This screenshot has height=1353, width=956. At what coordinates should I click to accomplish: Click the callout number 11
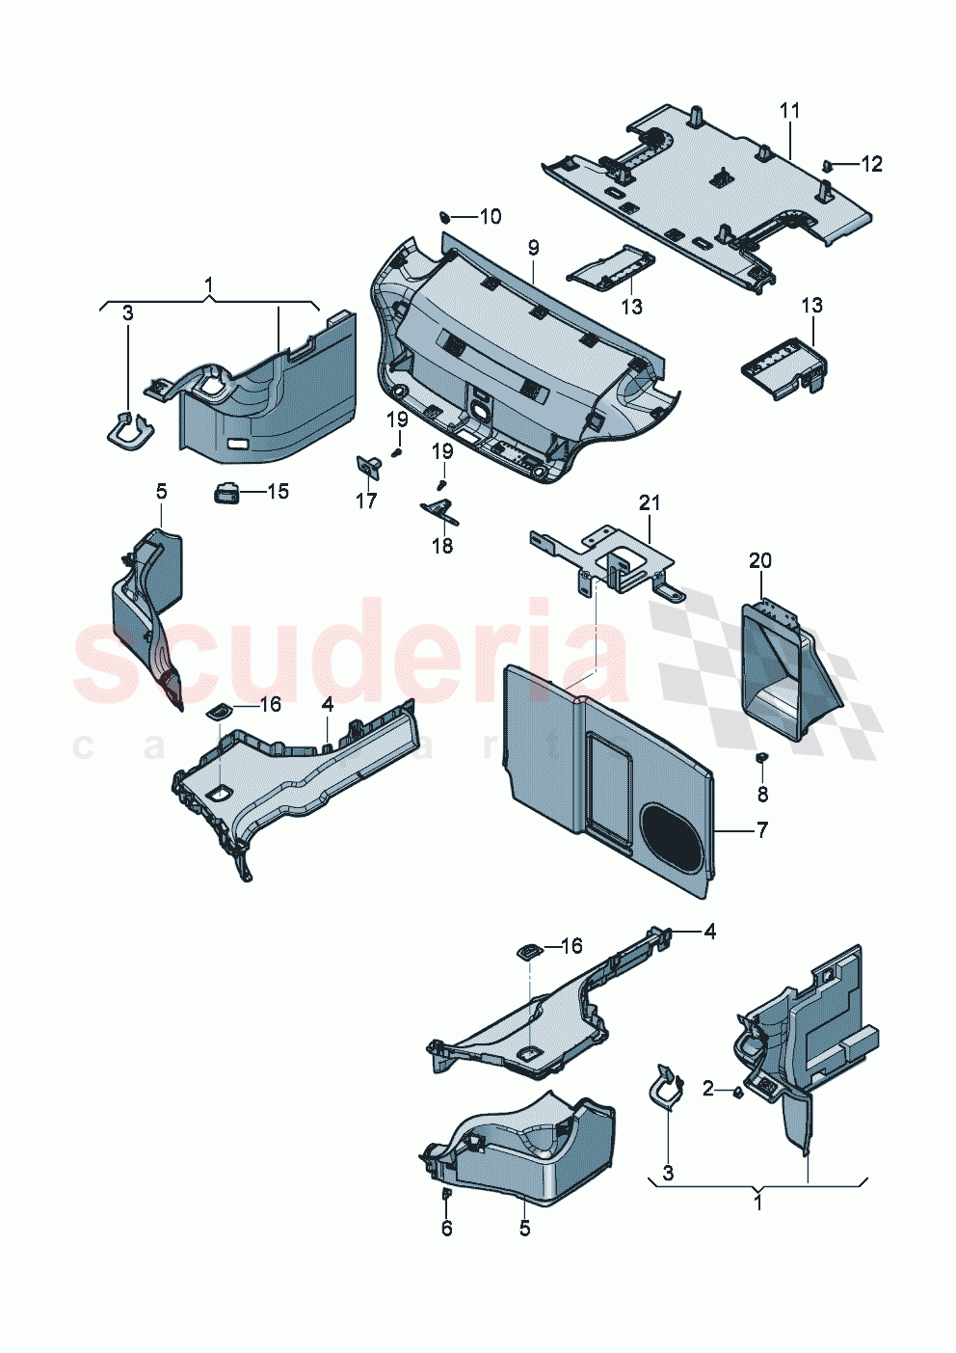pos(790,111)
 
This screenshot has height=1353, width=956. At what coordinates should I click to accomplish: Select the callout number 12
pos(871,164)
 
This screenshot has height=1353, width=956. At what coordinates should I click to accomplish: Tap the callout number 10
pos(491,216)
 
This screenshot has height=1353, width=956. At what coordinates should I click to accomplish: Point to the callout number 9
pos(533,248)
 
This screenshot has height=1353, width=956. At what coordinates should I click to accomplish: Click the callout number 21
pos(650,502)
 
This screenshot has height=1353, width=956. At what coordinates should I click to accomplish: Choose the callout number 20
pos(760,560)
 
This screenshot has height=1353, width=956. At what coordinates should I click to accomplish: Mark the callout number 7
pos(762,829)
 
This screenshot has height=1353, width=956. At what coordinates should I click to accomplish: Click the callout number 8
pos(762,794)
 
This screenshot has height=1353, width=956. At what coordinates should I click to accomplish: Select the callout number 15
pos(278,492)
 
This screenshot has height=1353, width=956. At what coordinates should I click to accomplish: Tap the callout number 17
pos(366,501)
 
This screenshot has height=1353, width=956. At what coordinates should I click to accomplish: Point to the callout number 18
pos(441,546)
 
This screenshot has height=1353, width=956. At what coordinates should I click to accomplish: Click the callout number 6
pos(446,1228)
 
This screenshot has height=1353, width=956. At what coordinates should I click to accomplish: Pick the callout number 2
pos(708,1088)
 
